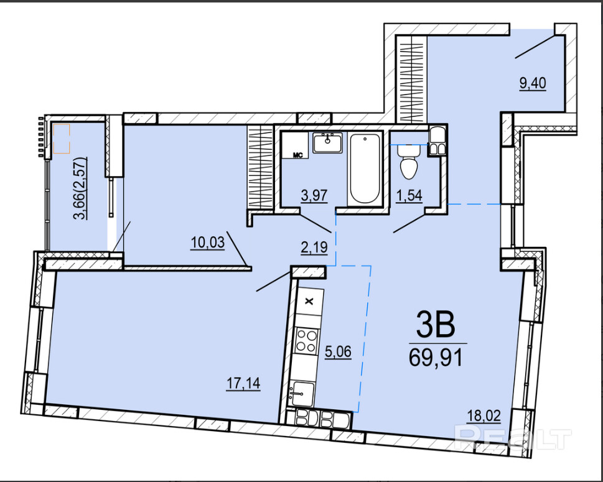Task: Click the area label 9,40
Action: pyautogui.click(x=533, y=83)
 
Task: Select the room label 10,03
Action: pyautogui.click(x=208, y=243)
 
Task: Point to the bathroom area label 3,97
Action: pyautogui.click(x=314, y=195)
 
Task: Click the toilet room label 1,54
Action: pyautogui.click(x=409, y=196)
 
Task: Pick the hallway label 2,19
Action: pyautogui.click(x=314, y=248)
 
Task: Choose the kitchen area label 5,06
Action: pyautogui.click(x=338, y=351)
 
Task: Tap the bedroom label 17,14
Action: pyautogui.click(x=243, y=383)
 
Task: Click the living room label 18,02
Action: pyautogui.click(x=484, y=415)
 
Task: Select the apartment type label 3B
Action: pyautogui.click(x=436, y=324)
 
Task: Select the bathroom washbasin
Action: pyautogui.click(x=327, y=142)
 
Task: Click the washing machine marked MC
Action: pyautogui.click(x=295, y=145)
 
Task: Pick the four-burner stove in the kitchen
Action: pyautogui.click(x=307, y=341)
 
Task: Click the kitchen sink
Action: pyautogui.click(x=302, y=393)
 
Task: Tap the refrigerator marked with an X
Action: pyautogui.click(x=309, y=302)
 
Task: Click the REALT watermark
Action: pyautogui.click(x=513, y=437)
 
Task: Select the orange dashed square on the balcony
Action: pyautogui.click(x=62, y=138)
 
